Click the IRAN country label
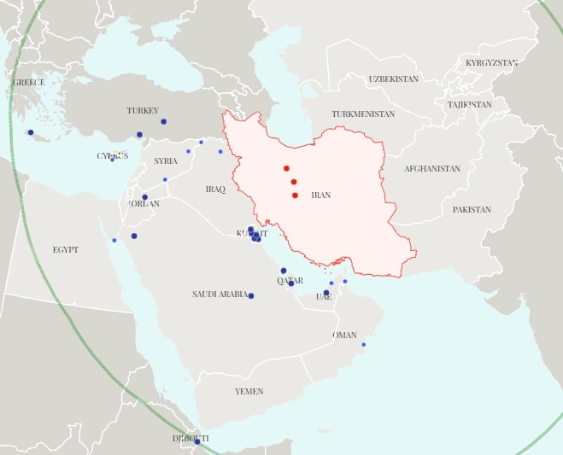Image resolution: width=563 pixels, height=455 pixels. [x=320, y=195]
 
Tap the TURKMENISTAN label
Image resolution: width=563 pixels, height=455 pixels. [x=363, y=114]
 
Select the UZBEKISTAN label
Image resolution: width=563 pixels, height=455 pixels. [x=393, y=79]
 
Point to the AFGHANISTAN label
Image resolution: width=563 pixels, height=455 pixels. [x=431, y=169]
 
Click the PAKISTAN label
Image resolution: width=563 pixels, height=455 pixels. [x=472, y=209]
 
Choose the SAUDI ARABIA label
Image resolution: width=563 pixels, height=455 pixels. [x=220, y=295]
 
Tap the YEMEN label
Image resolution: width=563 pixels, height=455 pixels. [x=249, y=391]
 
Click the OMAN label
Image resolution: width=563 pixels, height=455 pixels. [x=344, y=335]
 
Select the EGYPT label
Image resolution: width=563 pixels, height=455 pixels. [x=65, y=250]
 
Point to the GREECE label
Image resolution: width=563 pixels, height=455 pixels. [x=28, y=83]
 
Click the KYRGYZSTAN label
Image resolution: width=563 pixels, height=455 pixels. [x=491, y=63]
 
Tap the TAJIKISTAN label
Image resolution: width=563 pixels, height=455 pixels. [x=469, y=105]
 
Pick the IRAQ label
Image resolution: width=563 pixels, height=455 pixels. [x=215, y=189]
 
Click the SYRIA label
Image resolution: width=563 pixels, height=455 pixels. [x=166, y=161]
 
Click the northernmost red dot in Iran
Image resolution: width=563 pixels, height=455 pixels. [x=286, y=168]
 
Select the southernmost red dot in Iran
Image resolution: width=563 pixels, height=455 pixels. [x=295, y=195]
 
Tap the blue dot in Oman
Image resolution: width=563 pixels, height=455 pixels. [x=363, y=345]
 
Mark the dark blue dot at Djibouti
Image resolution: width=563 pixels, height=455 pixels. [x=196, y=441]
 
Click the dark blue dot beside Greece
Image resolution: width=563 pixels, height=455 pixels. [x=30, y=132]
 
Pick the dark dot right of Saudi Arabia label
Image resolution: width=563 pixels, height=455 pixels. [x=250, y=295]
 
